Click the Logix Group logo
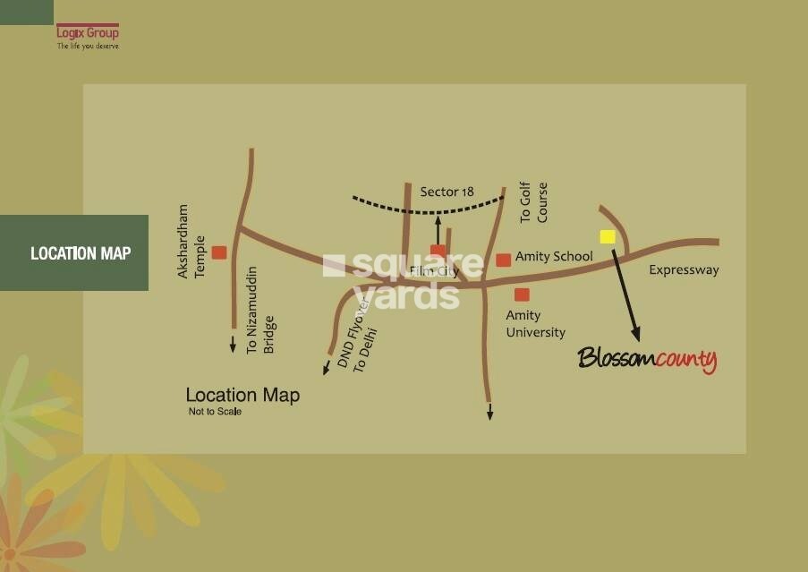[87, 36]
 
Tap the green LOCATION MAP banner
[74, 253]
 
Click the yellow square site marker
[608, 236]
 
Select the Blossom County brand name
[647, 360]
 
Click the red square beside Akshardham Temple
[219, 252]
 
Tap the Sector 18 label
[447, 192]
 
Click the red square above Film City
[438, 252]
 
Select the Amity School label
[554, 257]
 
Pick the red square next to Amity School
[504, 260]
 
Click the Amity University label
[535, 324]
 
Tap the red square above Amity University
[522, 295]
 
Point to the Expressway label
[684, 269]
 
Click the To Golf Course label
[533, 203]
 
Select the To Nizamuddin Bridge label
[259, 310]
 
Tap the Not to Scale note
[215, 412]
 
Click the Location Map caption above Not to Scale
[242, 395]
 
